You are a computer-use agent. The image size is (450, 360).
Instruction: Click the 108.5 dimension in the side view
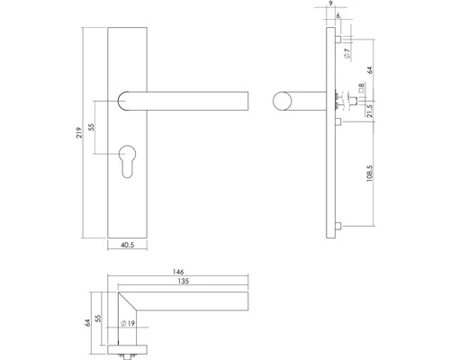371,170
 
